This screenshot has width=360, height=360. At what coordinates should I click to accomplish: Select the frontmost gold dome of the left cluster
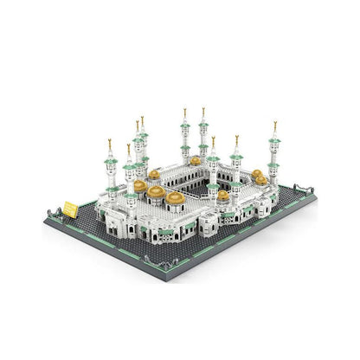click(x=176, y=198)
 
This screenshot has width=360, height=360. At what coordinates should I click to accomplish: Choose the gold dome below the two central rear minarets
click(x=196, y=161)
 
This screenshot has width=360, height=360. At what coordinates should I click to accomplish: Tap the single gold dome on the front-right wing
click(x=223, y=196)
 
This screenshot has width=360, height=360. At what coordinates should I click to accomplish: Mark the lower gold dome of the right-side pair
click(x=260, y=181)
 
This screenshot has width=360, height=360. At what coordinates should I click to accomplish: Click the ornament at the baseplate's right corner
click(x=302, y=188)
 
